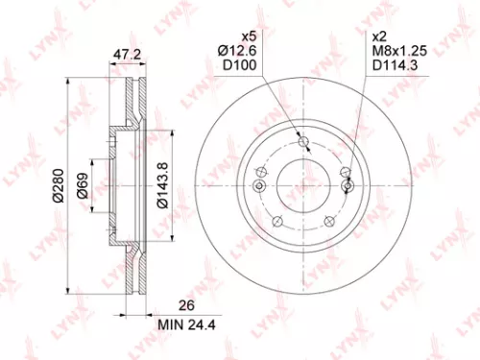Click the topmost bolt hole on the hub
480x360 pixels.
tap(304, 143)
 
